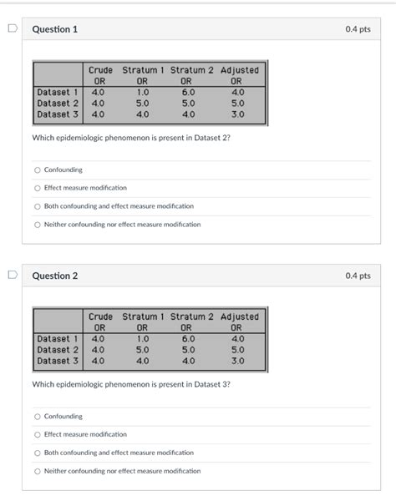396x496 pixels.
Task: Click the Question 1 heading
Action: pos(54,30)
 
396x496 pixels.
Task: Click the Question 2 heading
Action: pos(54,276)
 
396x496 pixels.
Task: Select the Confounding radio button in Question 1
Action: pos(38,170)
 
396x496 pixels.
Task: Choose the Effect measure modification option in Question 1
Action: pos(38,188)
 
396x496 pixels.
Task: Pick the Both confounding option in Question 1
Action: pos(38,206)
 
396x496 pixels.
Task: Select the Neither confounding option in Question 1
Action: pos(38,225)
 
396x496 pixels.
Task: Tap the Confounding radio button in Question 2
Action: pos(38,416)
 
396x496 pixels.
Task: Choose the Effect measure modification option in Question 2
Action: pos(38,434)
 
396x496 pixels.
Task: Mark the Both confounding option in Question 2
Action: pos(38,453)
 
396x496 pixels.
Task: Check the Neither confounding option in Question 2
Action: pos(38,471)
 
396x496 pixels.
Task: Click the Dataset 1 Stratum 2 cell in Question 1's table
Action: pos(188,92)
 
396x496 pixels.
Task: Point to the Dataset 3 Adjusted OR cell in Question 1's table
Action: pos(238,114)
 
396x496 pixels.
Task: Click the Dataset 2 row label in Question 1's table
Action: pos(58,103)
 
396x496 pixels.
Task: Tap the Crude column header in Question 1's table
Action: pos(100,70)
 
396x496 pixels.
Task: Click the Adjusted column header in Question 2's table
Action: pos(240,317)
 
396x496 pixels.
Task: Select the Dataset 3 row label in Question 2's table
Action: pos(58,361)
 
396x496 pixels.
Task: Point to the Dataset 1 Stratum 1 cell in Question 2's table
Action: pos(142,339)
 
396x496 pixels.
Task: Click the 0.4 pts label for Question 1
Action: pos(358,30)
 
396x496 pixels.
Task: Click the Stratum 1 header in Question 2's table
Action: pos(143,317)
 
